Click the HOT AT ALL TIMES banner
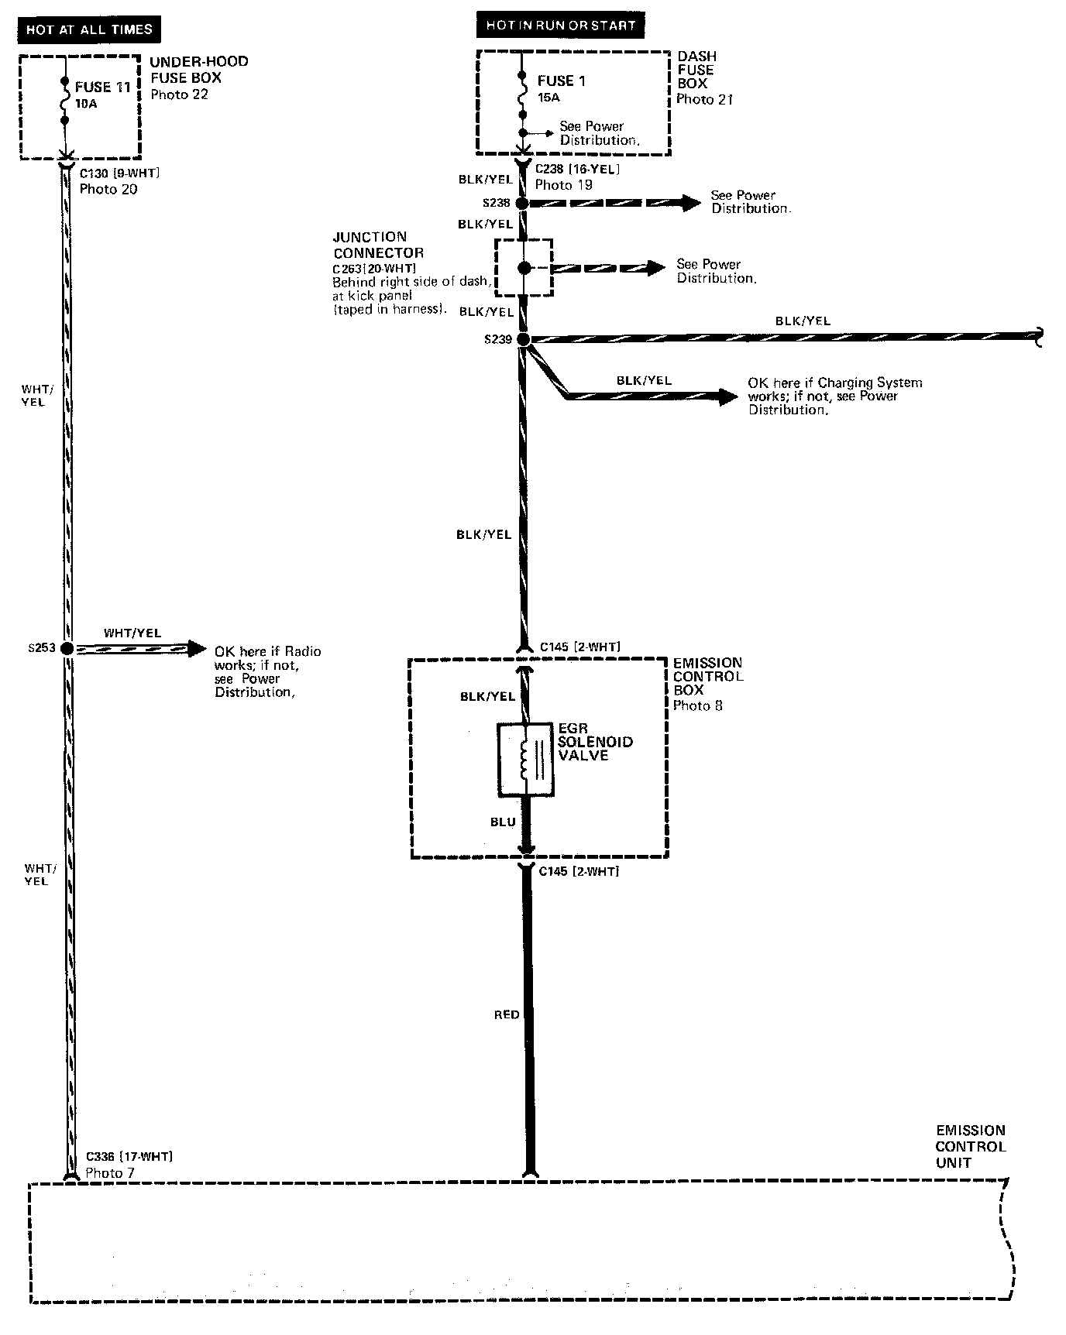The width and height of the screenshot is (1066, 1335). point(89,29)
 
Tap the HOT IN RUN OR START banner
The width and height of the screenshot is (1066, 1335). point(560,26)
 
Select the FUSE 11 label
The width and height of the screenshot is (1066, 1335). point(102,88)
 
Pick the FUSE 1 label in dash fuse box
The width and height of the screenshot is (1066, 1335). point(562,81)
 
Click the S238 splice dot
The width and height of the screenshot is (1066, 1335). point(522,204)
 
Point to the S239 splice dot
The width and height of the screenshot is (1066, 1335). point(523,339)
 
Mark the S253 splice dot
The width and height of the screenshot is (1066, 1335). point(67,648)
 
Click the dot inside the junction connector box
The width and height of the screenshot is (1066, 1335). point(524,268)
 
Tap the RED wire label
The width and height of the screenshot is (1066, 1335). point(507,1014)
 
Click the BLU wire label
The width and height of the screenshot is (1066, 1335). point(503,822)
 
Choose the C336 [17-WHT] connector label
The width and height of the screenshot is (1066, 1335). point(129,1156)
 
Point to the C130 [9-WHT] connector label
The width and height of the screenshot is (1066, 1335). point(120,173)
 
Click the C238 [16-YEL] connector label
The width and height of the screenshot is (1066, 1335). point(578,170)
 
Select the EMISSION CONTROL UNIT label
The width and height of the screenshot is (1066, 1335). point(970,1147)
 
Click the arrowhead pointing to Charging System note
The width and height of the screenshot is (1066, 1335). point(728,397)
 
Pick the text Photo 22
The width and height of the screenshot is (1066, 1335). point(179,94)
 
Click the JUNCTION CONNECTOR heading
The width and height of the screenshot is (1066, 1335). point(378,245)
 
